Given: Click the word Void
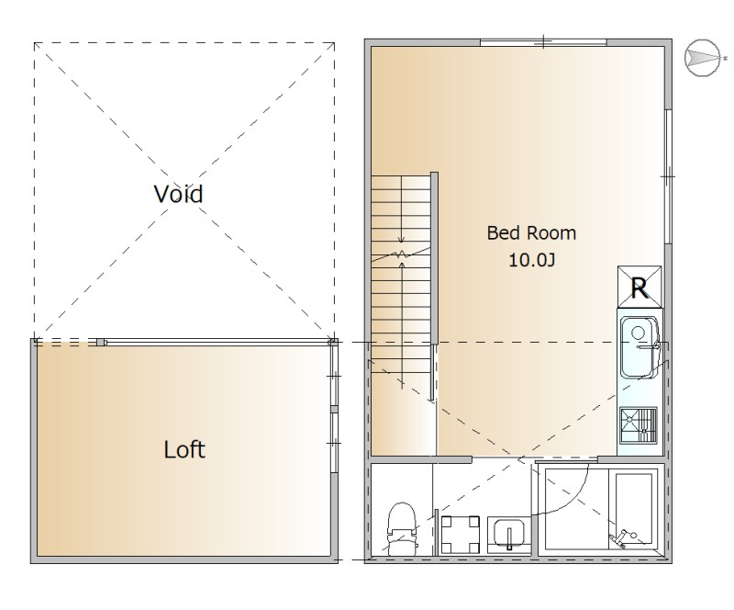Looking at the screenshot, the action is point(178,194).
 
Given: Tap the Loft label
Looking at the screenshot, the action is point(184,449).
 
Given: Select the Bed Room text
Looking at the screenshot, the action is point(531,233).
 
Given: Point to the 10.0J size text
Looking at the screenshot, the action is point(532,260).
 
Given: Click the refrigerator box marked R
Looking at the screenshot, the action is point(639,287).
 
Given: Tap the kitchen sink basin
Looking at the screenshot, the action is point(639,347).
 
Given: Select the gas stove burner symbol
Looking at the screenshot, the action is point(639,425).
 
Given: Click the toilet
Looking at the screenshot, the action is point(402,528).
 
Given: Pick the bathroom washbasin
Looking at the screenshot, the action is point(509,535).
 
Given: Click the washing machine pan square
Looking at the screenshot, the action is point(461,535).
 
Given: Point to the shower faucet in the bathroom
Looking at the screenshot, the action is point(623,537).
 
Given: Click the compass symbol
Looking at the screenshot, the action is point(703,58).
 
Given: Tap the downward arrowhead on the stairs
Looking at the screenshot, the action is point(401,239).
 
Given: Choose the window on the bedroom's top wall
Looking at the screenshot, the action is point(543,42).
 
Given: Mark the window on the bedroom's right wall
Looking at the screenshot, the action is point(669,176).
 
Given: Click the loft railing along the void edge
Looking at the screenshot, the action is point(217,343).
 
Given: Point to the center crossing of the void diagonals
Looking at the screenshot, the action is point(184,191).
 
